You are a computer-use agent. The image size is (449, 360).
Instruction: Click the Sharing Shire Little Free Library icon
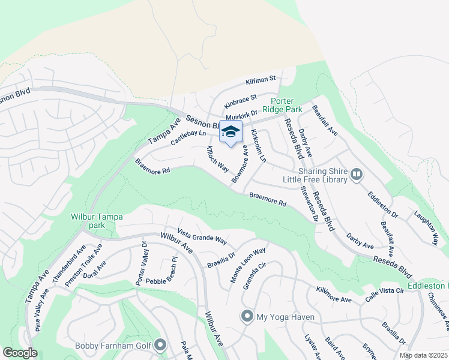tap(357, 174)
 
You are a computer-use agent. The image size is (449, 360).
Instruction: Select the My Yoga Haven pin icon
tap(246, 316)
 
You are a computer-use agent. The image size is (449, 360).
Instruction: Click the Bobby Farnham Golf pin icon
tap(160, 345)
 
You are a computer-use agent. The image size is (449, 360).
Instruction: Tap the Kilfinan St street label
tap(260, 79)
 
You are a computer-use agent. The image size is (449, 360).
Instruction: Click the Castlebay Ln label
tap(188, 137)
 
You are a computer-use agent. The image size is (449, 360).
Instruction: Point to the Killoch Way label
tap(217, 157)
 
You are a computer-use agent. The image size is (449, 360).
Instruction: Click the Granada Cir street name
tap(255, 275)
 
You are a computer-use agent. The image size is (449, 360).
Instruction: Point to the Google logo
tap(20, 353)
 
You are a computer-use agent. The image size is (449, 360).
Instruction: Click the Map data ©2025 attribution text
tap(423, 355)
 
